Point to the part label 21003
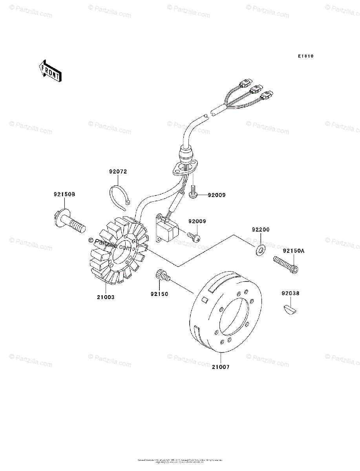tap(106, 297)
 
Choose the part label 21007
tap(221, 367)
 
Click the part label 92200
tap(260, 230)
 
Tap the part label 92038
tap(292, 292)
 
